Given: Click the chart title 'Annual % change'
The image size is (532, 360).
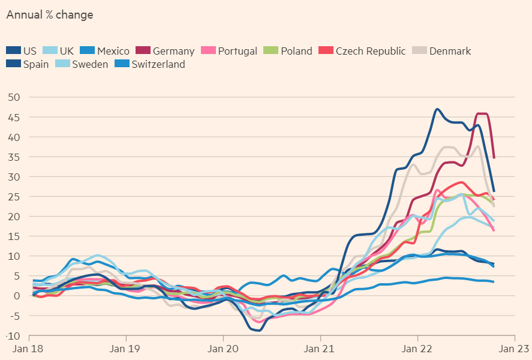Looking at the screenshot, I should pyautogui.click(x=50, y=15).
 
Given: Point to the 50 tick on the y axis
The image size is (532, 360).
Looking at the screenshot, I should pyautogui.click(x=14, y=97).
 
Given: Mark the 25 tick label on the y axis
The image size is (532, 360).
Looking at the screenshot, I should pyautogui.click(x=14, y=196).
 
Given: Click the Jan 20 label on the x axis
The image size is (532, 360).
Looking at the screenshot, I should pyautogui.click(x=223, y=348).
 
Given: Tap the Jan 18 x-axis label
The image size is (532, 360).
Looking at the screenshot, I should pyautogui.click(x=29, y=348).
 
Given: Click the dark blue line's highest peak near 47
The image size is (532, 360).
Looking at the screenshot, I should pyautogui.click(x=437, y=109).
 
